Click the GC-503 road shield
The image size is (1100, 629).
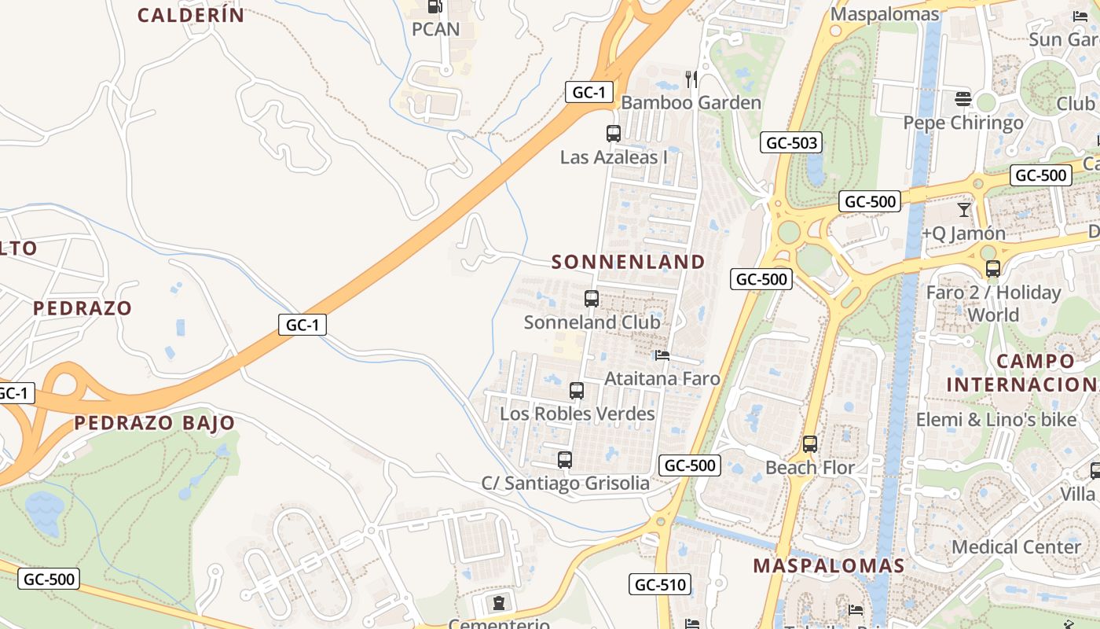791,142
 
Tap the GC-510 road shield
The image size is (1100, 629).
660,584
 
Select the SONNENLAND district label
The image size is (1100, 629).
629,262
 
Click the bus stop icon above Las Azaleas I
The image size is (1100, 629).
614,134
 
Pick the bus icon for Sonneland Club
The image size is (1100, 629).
592,299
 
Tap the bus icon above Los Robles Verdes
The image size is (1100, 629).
577,391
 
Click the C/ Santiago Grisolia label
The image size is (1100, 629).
566,483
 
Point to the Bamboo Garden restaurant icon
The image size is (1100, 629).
691,79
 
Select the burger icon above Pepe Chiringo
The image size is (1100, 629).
963,99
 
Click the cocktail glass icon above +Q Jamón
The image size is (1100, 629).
964,210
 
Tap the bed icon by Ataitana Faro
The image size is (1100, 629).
662,355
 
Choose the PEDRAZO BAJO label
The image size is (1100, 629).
155,423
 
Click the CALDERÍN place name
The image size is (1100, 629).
191,15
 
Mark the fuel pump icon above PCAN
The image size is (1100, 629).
434,6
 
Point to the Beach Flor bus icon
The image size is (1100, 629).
810,444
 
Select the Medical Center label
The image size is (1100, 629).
1016,546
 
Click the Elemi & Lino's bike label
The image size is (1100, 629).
995,420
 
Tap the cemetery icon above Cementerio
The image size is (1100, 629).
498,603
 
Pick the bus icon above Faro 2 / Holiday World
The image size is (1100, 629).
993,269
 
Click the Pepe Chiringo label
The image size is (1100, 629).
963,123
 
